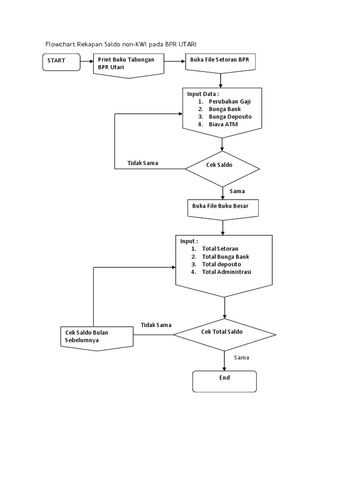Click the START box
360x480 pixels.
[x=61, y=62]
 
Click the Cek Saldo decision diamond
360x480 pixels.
[x=222, y=167]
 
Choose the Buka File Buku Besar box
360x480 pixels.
[x=223, y=207]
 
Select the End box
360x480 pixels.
[x=225, y=381]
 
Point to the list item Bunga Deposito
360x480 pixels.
[x=230, y=116]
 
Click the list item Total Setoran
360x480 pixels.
[x=220, y=249]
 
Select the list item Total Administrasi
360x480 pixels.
[x=226, y=271]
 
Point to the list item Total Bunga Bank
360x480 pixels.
[x=225, y=256]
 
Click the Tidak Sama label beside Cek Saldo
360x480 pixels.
[x=142, y=163]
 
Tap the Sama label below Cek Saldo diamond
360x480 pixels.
[x=237, y=191]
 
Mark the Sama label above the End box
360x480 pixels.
[x=241, y=358]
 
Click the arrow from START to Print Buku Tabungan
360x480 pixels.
[x=86, y=61]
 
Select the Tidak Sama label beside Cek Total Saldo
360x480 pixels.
[x=156, y=325]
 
